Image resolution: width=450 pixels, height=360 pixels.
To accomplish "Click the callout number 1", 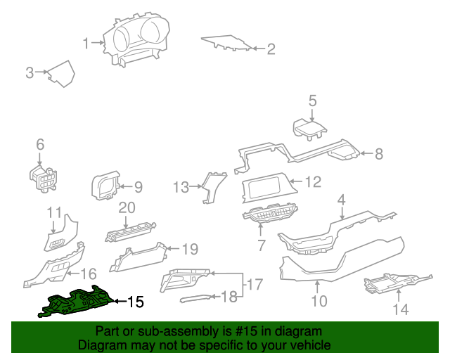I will (x=86, y=44).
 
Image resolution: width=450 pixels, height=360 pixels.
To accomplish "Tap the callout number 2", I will (x=270, y=49).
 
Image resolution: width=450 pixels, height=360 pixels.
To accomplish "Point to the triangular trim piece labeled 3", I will (x=63, y=74).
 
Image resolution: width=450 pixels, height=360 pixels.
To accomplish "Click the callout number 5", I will (x=313, y=101).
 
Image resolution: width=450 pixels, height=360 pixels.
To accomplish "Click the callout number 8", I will (x=378, y=154).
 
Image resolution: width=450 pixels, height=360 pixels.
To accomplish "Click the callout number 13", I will (x=181, y=187).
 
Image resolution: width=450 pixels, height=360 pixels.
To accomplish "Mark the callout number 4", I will (x=341, y=200).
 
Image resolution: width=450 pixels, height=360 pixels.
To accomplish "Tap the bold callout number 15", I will (x=135, y=302).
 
